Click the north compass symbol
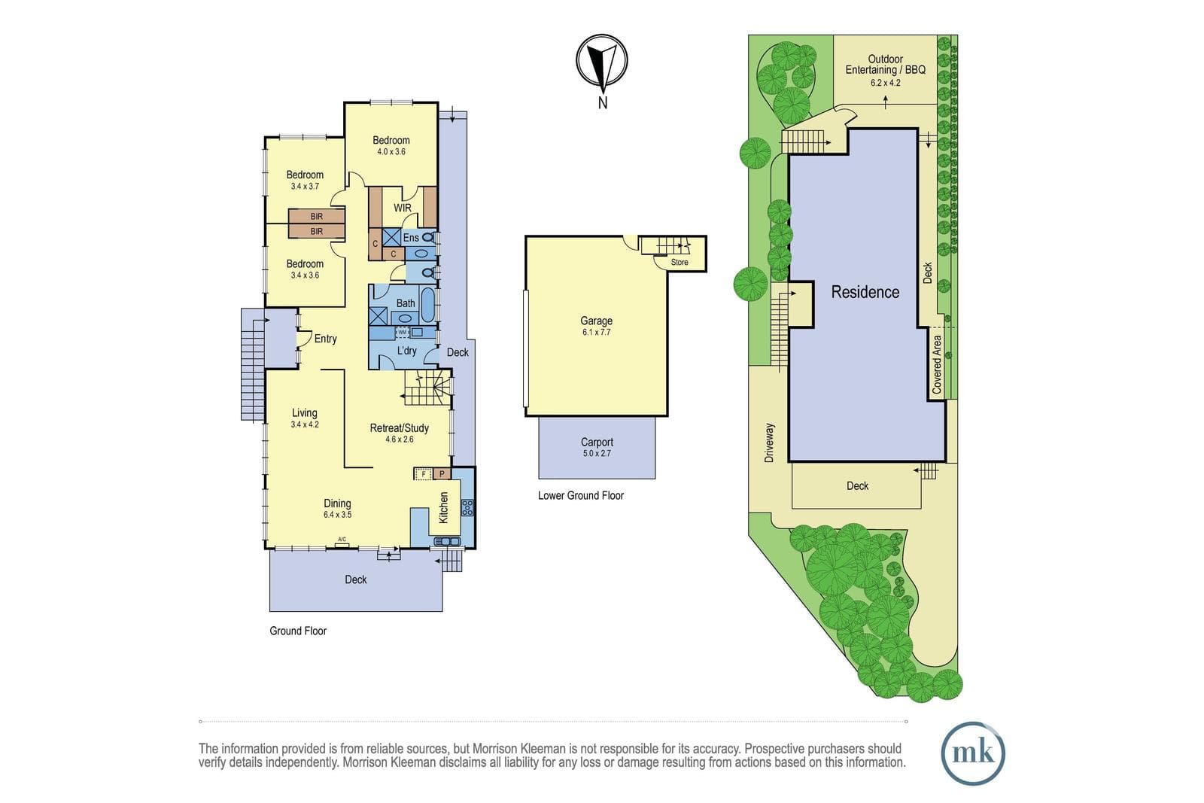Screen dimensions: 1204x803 tap(602, 60)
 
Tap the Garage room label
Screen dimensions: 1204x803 tap(596, 321)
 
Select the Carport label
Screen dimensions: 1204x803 tap(597, 442)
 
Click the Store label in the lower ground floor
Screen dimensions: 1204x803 tap(680, 263)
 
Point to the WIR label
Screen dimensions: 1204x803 tap(403, 208)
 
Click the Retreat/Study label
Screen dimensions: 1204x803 tap(400, 427)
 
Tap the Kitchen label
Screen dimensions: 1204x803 tap(443, 507)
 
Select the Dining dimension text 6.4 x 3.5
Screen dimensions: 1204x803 tap(338, 514)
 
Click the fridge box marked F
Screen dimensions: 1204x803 tap(423, 473)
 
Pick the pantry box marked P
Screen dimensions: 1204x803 tap(442, 473)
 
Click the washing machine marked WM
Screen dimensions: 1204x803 tap(402, 332)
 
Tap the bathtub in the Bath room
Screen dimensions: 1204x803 tap(428, 306)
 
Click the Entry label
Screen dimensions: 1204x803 tap(325, 339)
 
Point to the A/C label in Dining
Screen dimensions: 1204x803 tap(342, 539)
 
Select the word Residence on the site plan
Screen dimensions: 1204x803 tap(865, 292)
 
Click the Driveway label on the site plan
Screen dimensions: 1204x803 tap(769, 443)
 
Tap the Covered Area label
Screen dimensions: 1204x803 tap(937, 364)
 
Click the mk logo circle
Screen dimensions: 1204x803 tap(973, 753)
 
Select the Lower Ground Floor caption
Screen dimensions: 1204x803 tap(580, 495)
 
